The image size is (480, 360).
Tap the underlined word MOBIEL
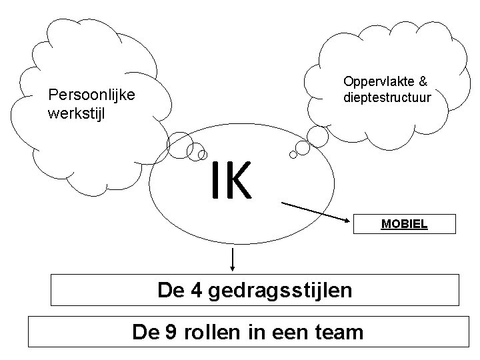pos(404,224)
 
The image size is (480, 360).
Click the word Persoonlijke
pos(92,95)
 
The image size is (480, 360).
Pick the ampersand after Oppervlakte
pos(423,81)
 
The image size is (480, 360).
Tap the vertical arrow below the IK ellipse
pos(233,259)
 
